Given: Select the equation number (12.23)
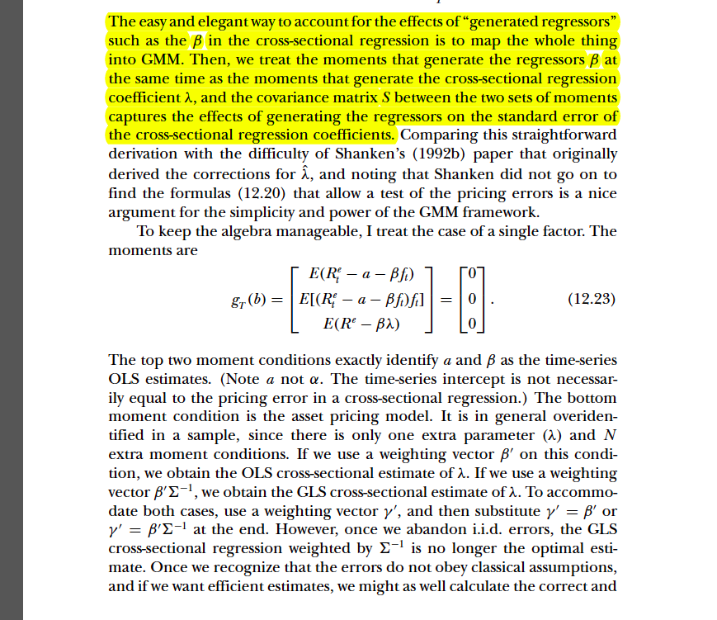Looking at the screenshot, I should [592, 299].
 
